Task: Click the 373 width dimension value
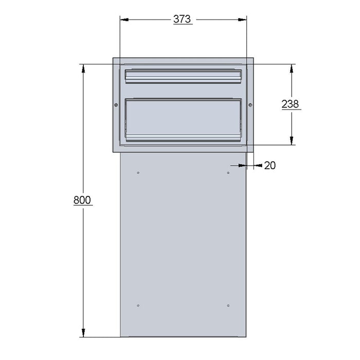(182, 19)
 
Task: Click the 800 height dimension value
(82, 200)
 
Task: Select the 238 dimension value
(291, 104)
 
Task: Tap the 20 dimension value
(269, 165)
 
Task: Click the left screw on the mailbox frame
(115, 105)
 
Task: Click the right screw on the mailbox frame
(250, 105)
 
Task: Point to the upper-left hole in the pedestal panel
(138, 172)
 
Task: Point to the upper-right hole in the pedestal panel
(228, 172)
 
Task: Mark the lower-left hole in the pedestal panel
(138, 306)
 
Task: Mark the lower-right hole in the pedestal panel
(228, 306)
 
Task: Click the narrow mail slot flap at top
(183, 76)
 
